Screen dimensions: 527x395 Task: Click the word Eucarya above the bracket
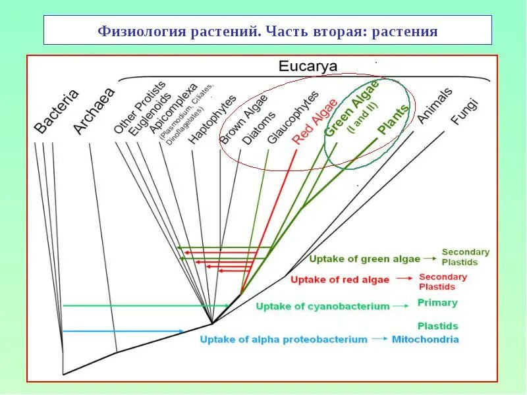(x=308, y=66)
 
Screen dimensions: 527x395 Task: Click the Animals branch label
(x=434, y=105)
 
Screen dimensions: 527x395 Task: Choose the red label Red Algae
(x=315, y=120)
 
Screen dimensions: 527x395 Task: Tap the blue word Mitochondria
(x=425, y=340)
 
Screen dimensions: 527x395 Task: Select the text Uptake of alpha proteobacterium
(x=283, y=340)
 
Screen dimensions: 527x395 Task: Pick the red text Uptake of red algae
(x=339, y=279)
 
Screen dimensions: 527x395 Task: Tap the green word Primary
(x=437, y=303)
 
